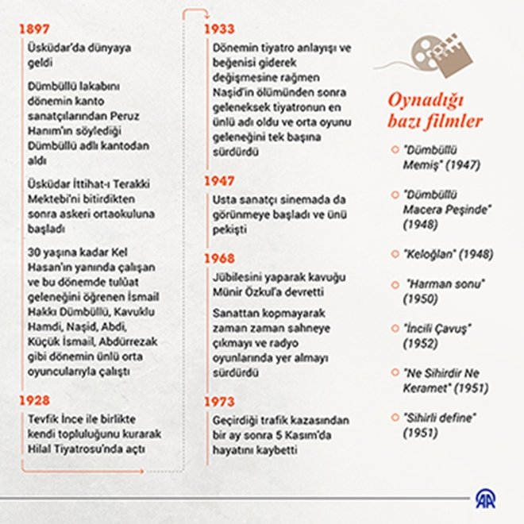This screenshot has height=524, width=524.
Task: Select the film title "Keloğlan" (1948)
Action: click(x=449, y=255)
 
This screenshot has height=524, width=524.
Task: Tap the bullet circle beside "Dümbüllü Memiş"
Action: click(x=395, y=148)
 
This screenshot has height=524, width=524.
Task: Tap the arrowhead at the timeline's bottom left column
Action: click(x=142, y=471)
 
